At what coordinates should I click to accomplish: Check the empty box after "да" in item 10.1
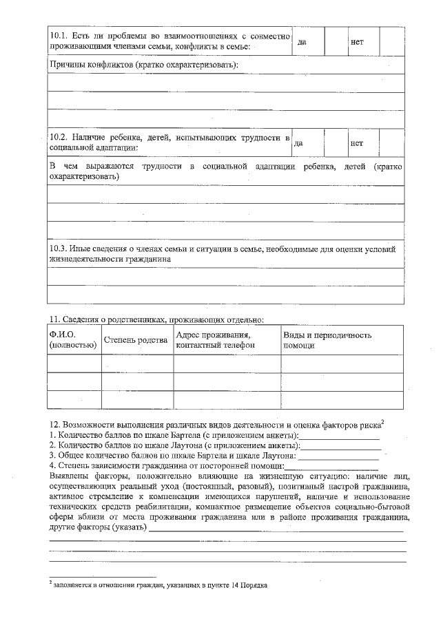(336, 42)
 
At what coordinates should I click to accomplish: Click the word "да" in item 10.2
(298, 144)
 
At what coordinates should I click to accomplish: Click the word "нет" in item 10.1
(357, 42)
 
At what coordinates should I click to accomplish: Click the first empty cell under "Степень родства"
(137, 363)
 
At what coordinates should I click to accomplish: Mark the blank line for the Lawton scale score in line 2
(340, 445)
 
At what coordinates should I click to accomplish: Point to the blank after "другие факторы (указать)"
(276, 528)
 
